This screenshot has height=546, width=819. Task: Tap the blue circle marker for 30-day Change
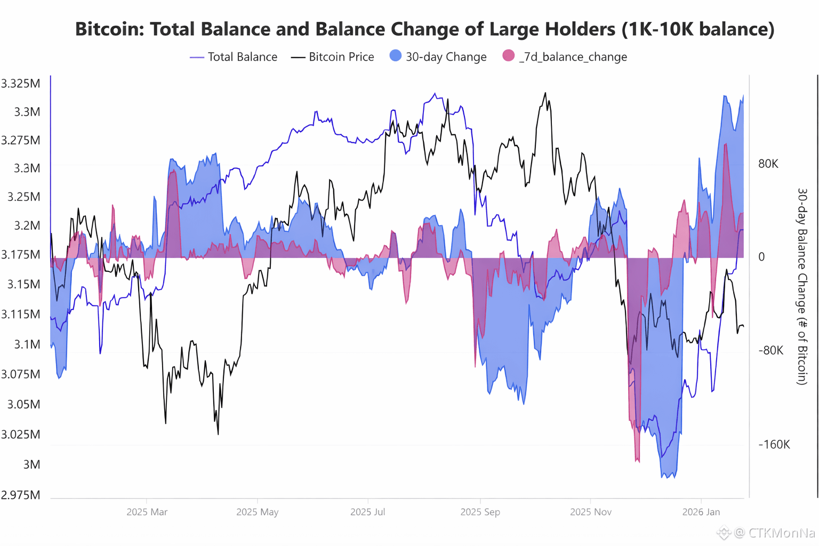click(x=395, y=55)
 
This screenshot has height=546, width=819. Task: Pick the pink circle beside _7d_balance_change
click(x=508, y=55)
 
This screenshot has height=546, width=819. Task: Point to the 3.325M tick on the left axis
click(x=21, y=84)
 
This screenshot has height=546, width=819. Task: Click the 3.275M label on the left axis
click(x=21, y=140)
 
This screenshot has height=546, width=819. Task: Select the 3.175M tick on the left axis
click(x=21, y=254)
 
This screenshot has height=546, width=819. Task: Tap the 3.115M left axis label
click(x=21, y=314)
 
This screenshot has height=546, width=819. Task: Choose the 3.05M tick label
click(x=24, y=404)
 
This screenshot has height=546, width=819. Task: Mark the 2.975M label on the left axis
click(x=21, y=495)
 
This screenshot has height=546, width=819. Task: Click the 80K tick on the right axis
click(x=768, y=164)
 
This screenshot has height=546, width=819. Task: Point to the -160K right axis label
click(x=774, y=445)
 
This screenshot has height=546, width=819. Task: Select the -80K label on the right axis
click(x=770, y=350)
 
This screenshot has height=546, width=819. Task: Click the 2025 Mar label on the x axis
click(x=147, y=512)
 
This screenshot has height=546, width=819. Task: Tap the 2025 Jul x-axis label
click(x=367, y=512)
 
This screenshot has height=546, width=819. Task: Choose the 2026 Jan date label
click(x=701, y=512)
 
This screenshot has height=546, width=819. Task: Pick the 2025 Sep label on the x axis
click(x=480, y=512)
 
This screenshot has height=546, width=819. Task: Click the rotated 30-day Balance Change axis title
click(x=802, y=286)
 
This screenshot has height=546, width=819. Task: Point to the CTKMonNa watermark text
click(x=782, y=532)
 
